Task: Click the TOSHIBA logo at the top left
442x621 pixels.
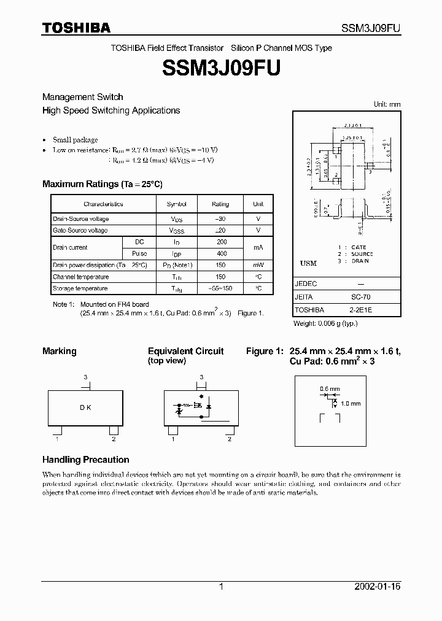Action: (x=76, y=28)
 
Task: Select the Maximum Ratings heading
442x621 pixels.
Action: (x=102, y=184)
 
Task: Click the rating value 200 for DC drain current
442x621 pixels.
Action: (x=222, y=242)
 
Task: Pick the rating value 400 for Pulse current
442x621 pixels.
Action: (x=222, y=253)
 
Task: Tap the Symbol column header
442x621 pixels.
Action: (x=176, y=204)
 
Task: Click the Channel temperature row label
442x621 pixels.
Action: (x=80, y=277)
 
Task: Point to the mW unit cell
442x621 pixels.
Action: (x=258, y=265)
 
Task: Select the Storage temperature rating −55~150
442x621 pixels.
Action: (x=221, y=288)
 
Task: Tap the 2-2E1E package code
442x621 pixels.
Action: (x=360, y=310)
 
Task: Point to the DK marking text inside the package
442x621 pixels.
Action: (x=85, y=407)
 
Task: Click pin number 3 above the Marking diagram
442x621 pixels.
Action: (x=85, y=377)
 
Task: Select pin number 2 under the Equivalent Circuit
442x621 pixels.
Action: (x=230, y=439)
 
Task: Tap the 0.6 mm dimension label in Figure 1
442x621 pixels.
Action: (x=329, y=389)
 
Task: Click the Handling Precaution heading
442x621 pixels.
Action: (x=85, y=460)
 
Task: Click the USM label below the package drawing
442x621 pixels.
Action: (x=308, y=263)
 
